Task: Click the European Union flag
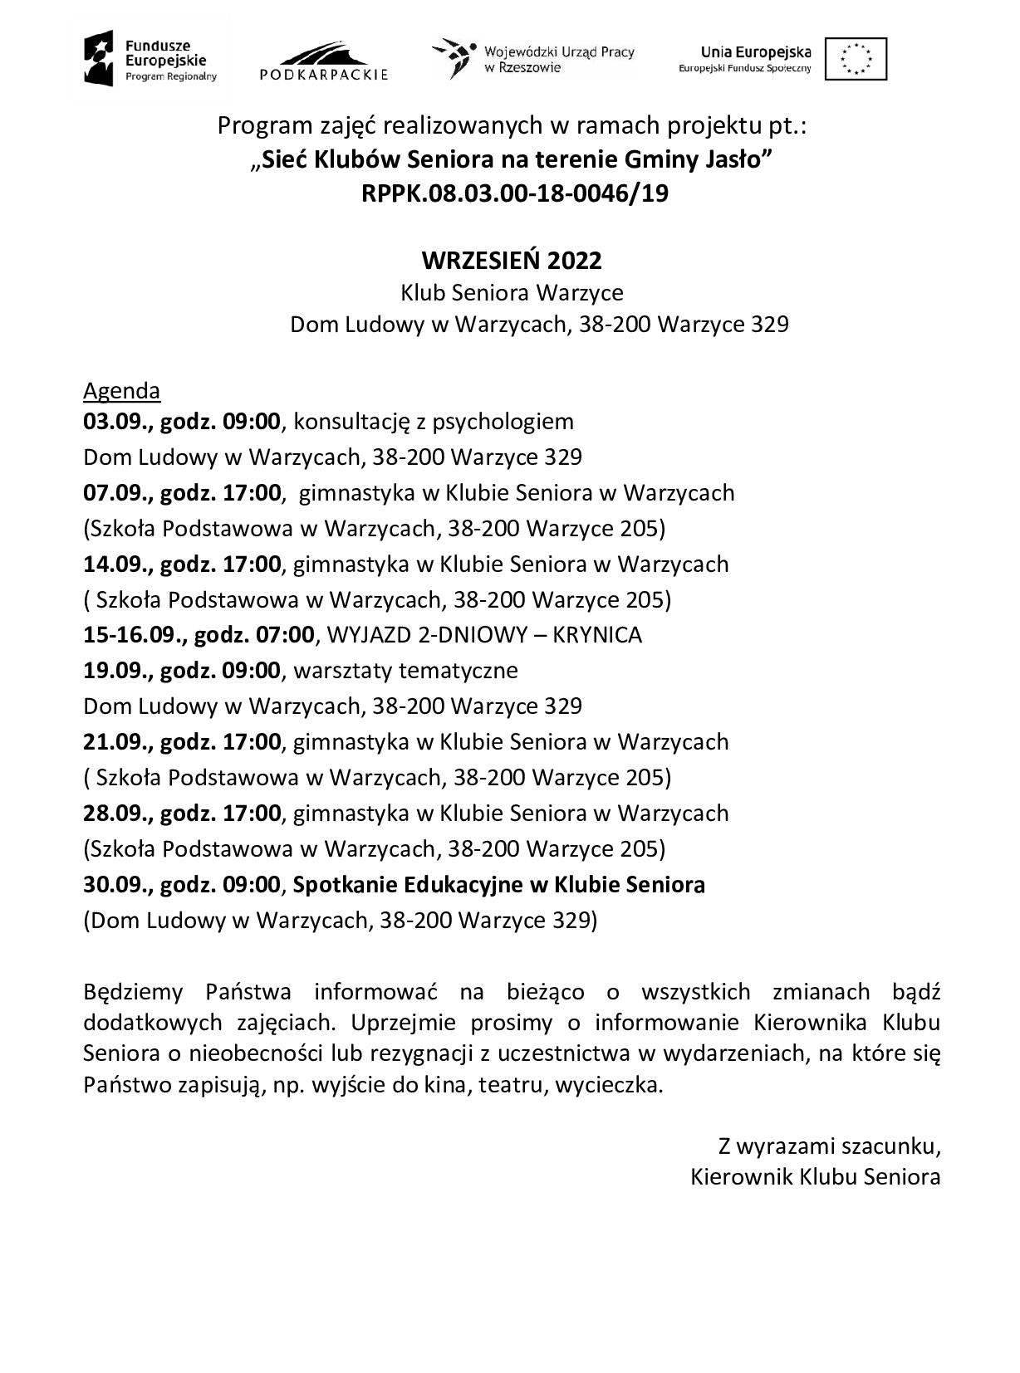[856, 58]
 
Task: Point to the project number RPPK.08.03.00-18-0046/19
[514, 193]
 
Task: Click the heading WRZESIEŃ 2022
[512, 261]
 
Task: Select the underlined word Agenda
[121, 390]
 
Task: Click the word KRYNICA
[597, 636]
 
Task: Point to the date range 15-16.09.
[135, 636]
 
